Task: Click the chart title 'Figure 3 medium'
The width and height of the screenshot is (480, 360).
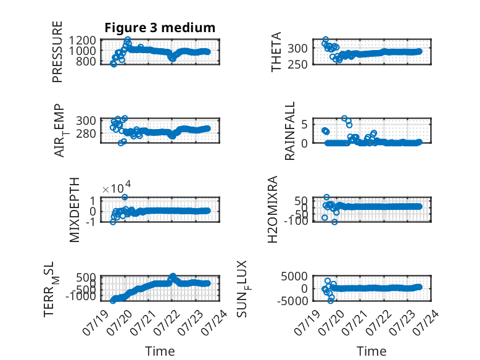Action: pos(160,28)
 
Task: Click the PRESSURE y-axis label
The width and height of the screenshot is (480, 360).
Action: pos(57,52)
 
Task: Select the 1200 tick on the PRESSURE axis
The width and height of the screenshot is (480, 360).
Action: pos(82,40)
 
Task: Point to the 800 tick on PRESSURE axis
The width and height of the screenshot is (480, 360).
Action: pos(86,61)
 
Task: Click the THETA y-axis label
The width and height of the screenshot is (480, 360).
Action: pos(276,52)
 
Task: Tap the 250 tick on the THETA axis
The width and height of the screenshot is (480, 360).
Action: pos(297,64)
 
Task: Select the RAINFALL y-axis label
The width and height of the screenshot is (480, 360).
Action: pos(289,131)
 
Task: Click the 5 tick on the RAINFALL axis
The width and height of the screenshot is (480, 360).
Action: pos(304,124)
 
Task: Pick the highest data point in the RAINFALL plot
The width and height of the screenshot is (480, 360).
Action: pos(344,119)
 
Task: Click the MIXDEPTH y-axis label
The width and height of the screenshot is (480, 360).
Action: pos(75,210)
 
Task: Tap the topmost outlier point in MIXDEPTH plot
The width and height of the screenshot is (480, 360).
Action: pos(125,197)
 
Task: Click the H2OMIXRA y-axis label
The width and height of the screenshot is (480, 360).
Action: pos(273,209)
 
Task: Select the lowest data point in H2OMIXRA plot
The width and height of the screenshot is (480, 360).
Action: pos(334,222)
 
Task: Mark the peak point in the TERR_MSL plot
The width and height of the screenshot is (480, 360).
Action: pos(173,276)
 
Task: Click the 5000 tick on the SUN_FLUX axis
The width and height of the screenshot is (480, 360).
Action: pos(294,277)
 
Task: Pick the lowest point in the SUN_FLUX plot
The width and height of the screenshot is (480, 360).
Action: pos(331,301)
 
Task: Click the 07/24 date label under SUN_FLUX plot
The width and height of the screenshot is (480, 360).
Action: pos(426,322)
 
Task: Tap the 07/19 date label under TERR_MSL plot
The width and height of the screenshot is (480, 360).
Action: pos(96,322)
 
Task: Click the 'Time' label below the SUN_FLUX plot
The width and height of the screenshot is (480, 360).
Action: pos(371,351)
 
